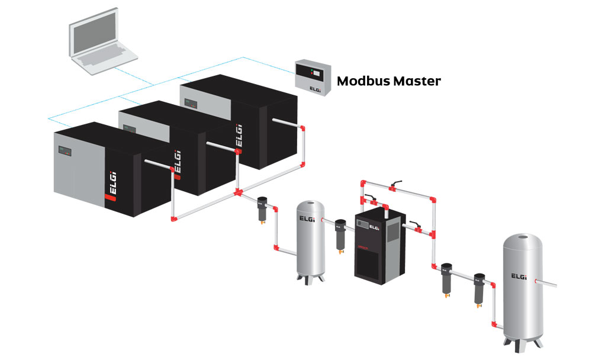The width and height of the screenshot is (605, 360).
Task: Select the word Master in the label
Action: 417,81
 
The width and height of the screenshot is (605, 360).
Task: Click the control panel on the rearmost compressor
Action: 191,104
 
